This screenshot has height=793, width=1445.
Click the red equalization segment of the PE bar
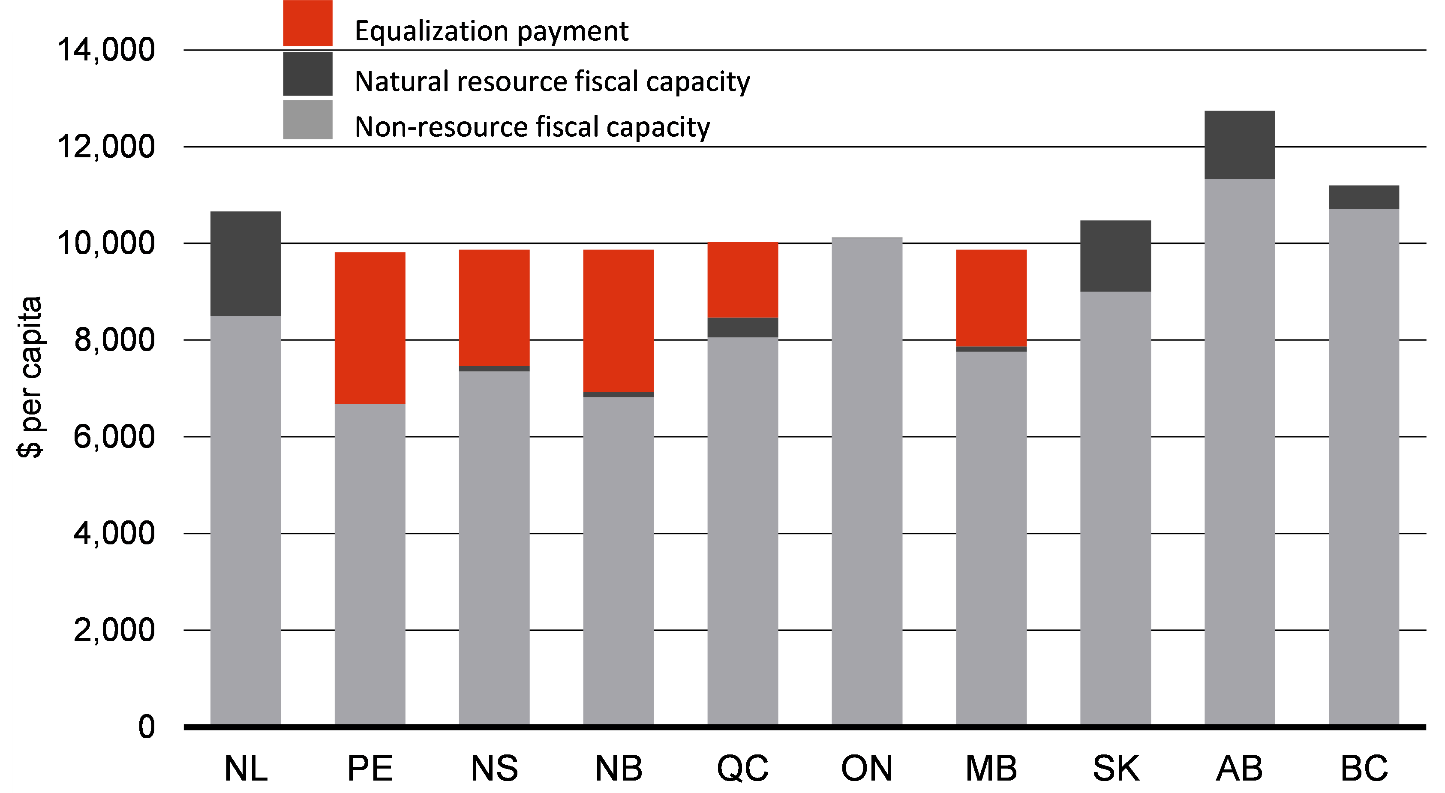pyautogui.click(x=370, y=328)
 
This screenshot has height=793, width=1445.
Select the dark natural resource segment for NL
pyautogui.click(x=245, y=264)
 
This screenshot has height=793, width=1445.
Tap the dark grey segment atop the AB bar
pyautogui.click(x=1240, y=145)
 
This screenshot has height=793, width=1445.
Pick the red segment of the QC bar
pyautogui.click(x=743, y=280)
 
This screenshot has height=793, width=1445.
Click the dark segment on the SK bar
pyautogui.click(x=1115, y=256)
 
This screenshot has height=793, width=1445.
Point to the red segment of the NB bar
pyautogui.click(x=618, y=321)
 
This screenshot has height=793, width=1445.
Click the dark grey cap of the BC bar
pyautogui.click(x=1364, y=197)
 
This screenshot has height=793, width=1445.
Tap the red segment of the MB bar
pyautogui.click(x=991, y=298)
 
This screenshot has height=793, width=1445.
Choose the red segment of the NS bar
pyautogui.click(x=494, y=307)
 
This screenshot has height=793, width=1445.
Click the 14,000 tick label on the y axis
pyautogui.click(x=106, y=50)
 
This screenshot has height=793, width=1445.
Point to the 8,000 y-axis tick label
pyautogui.click(x=114, y=340)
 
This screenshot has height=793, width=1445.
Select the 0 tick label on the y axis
pyautogui.click(x=147, y=727)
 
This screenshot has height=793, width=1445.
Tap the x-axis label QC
pyautogui.click(x=743, y=768)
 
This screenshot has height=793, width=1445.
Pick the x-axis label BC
pyautogui.click(x=1364, y=768)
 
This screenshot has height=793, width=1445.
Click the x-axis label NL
pyautogui.click(x=246, y=768)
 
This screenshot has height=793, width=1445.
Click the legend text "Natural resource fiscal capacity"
pyautogui.click(x=552, y=82)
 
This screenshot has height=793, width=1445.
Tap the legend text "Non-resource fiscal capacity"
pyautogui.click(x=532, y=127)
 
